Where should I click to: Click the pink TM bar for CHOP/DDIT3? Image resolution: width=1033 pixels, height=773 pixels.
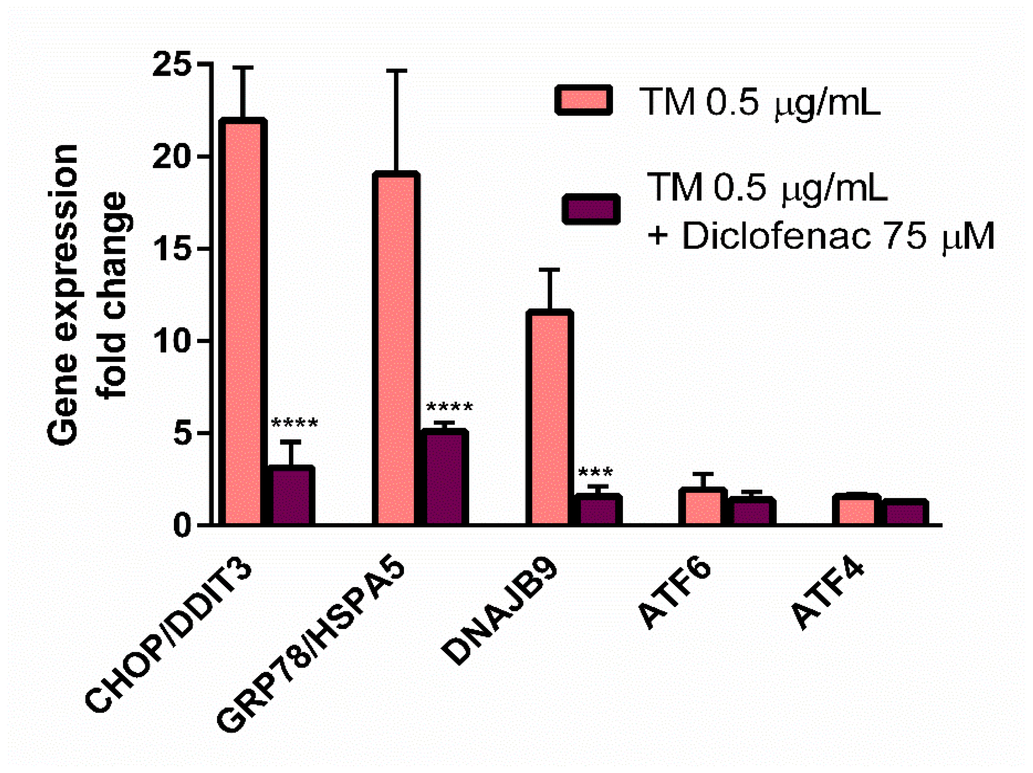click(243, 322)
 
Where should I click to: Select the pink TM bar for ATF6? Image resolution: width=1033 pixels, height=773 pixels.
click(703, 507)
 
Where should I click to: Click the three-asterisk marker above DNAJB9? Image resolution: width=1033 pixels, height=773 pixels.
click(596, 472)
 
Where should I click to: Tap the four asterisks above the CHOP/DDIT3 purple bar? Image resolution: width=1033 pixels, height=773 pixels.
click(294, 423)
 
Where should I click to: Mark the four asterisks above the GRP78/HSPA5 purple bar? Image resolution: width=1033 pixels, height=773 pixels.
click(449, 407)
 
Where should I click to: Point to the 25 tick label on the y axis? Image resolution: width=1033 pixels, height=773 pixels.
click(172, 64)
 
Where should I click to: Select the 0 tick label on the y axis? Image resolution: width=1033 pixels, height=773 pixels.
click(182, 526)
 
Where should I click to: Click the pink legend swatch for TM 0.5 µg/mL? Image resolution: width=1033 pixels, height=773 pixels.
click(583, 100)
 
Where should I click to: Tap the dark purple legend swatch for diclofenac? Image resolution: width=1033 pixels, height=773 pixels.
click(591, 209)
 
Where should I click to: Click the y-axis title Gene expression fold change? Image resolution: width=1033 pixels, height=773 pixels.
click(89, 294)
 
